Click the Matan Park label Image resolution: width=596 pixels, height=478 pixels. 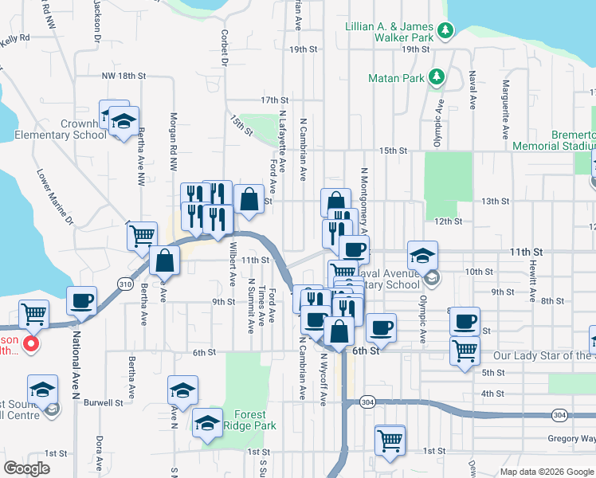click(396, 78)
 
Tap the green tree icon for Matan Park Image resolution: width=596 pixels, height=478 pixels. click(436, 77)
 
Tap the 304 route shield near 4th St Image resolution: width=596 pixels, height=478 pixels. click(367, 401)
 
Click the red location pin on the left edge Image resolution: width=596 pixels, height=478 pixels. click(30, 344)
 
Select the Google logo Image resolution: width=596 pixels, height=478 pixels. click(27, 468)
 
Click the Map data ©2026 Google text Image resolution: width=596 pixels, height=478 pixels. click(546, 472)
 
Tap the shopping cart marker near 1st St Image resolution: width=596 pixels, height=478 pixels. click(390, 439)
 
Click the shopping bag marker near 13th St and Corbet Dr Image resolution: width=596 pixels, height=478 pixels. click(249, 199)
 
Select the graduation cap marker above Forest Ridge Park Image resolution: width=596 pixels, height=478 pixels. click(183, 390)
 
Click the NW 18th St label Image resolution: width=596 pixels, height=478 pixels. click(124, 76)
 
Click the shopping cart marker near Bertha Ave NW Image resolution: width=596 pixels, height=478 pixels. click(142, 235)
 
